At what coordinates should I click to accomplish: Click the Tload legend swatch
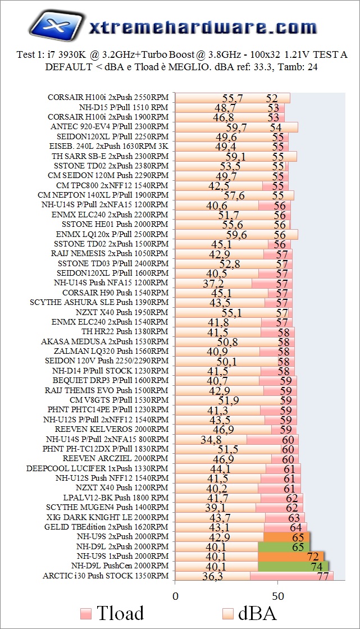[x=86, y=613]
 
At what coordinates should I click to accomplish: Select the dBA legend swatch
[x=228, y=613]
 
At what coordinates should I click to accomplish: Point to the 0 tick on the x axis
[x=176, y=595]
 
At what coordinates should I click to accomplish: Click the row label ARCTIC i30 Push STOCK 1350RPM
[x=105, y=576]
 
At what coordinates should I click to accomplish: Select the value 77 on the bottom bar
[x=323, y=576]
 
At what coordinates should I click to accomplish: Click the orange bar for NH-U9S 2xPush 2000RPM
[x=286, y=537]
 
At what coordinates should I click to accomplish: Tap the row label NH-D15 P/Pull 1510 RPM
[x=124, y=107]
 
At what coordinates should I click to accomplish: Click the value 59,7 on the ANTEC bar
[x=236, y=127]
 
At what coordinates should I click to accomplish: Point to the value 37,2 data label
[x=213, y=284]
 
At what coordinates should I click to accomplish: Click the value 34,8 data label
[x=211, y=440]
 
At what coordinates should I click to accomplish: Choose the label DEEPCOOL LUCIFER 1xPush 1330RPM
[x=97, y=468]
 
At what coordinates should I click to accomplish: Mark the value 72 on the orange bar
[x=313, y=557]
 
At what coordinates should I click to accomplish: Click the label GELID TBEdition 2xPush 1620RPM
[x=106, y=527]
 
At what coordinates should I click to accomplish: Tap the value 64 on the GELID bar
[x=296, y=528]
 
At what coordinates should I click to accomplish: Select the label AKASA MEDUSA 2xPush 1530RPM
[x=104, y=341]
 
